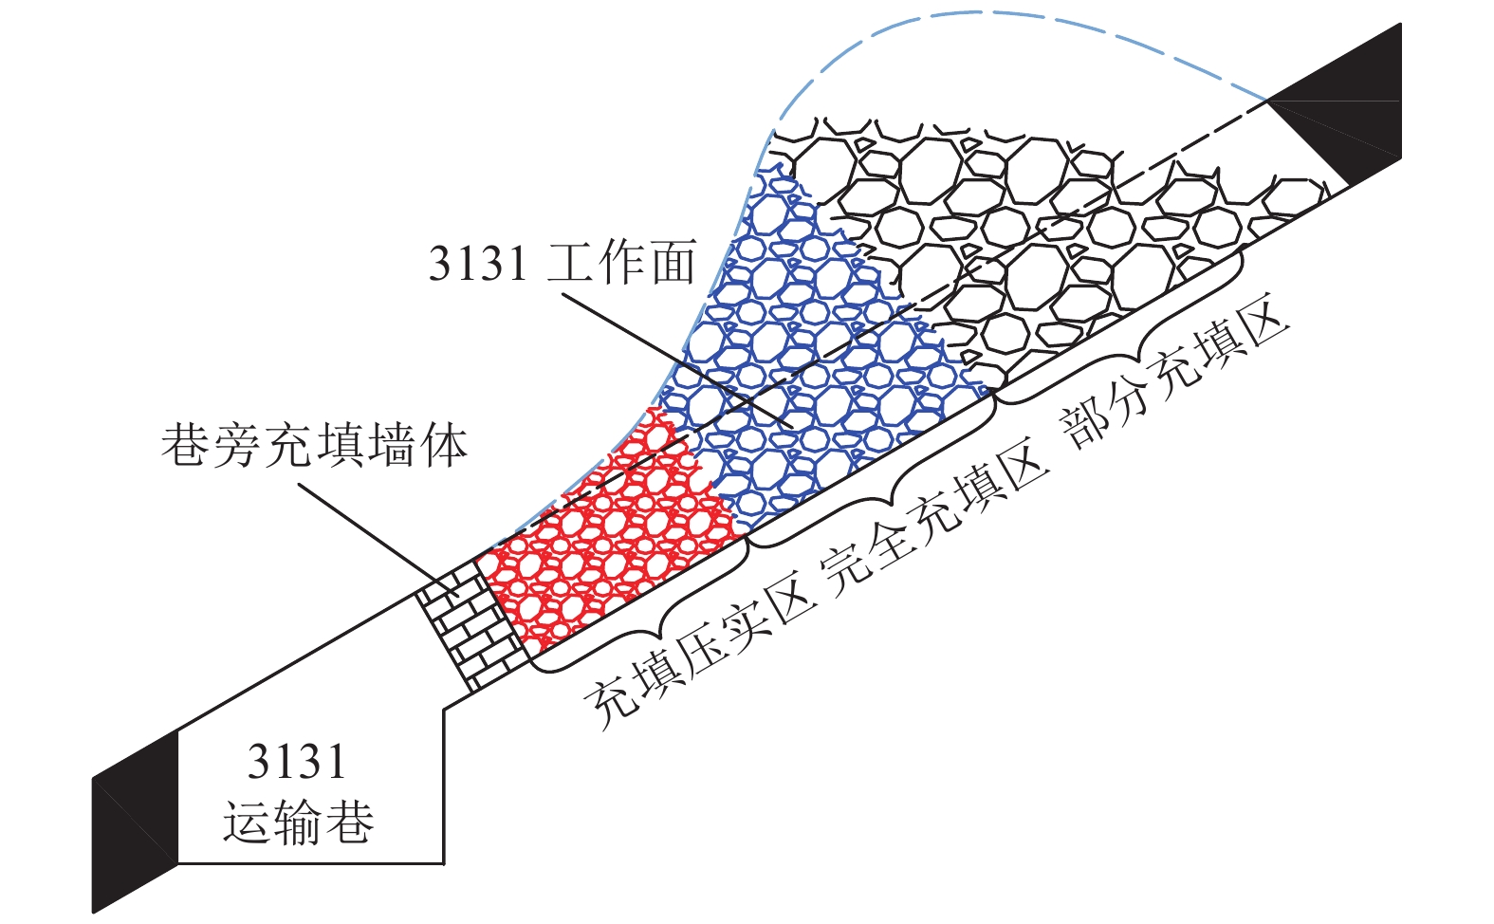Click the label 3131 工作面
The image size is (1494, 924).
563,263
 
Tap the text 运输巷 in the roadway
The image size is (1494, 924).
298,822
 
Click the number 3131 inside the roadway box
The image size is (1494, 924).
297,762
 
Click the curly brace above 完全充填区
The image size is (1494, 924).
873,474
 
